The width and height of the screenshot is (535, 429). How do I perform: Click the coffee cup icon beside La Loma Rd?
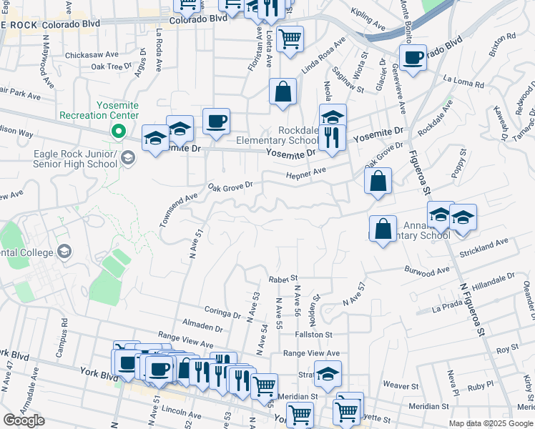tap(413, 59)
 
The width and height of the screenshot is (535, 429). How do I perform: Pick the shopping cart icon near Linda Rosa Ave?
tap(290, 39)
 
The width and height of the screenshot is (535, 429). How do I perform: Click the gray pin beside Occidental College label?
tap(64, 250)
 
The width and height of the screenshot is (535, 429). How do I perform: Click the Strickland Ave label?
tap(484, 247)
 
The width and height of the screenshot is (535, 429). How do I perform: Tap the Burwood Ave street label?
tap(427, 270)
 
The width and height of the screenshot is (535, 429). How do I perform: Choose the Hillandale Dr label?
tap(493, 280)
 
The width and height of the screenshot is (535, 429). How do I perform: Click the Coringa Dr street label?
tap(222, 311)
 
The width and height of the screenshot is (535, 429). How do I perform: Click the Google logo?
tap(24, 420)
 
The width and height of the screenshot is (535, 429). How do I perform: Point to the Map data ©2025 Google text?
tap(491, 423)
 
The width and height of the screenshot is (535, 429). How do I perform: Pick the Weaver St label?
tap(396, 385)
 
